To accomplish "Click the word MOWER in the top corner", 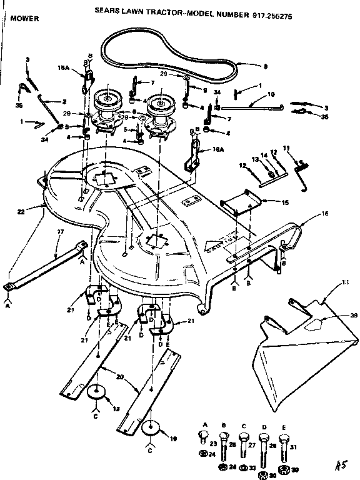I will tap(26, 19).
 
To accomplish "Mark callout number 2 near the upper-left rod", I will tap(64, 101).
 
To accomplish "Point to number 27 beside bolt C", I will tap(252, 446).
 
